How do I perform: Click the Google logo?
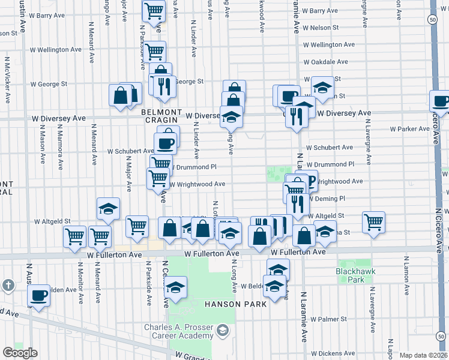tap(19, 353)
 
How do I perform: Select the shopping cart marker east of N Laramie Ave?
tap(373, 222)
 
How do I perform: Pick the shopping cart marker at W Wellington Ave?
tap(155, 52)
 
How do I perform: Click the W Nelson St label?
tap(321, 28)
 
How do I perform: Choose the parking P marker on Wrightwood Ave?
tap(309, 179)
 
